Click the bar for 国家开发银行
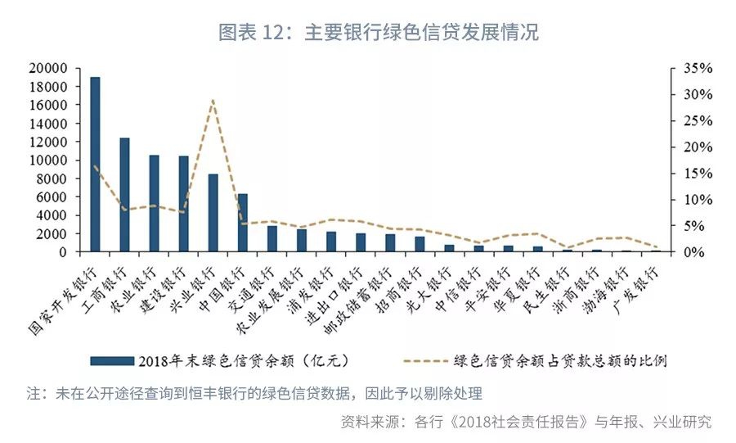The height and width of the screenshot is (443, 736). [x=95, y=164]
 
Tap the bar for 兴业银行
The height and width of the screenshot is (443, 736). [x=213, y=213]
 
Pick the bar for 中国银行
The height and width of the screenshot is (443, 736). [x=243, y=223]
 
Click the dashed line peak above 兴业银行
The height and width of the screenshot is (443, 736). [x=213, y=101]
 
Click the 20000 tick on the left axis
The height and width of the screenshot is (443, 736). [x=50, y=69]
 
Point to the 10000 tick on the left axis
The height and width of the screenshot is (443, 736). [x=50, y=160]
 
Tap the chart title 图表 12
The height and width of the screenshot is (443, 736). [x=379, y=33]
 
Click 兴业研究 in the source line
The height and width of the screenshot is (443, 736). [x=683, y=423]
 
